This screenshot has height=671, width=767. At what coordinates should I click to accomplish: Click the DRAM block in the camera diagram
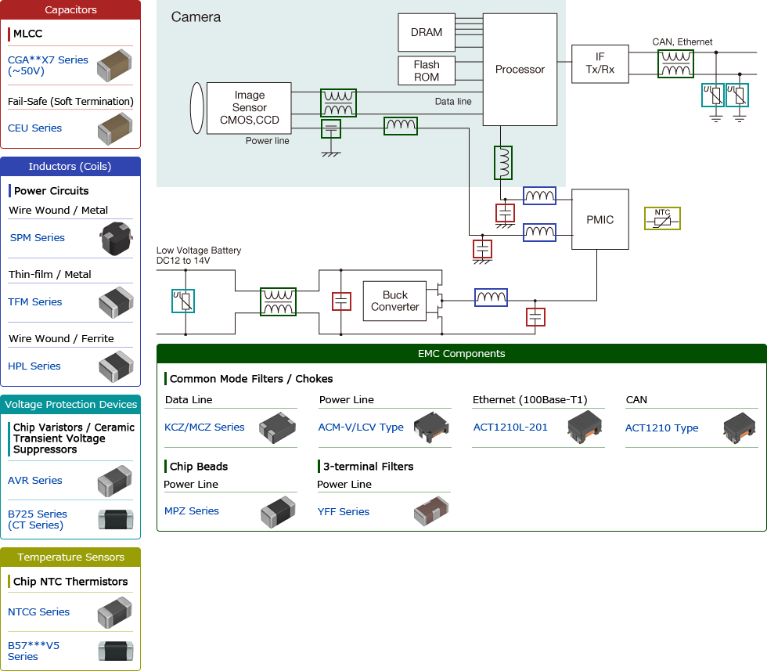[x=426, y=32]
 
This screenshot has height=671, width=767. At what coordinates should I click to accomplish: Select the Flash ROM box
[x=426, y=70]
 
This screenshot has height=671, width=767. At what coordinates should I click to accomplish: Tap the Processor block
[x=520, y=69]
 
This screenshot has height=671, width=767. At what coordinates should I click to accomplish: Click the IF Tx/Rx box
[x=600, y=63]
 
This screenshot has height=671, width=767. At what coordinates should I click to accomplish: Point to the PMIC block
[x=600, y=219]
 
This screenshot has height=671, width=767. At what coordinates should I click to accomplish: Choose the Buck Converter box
[x=394, y=301]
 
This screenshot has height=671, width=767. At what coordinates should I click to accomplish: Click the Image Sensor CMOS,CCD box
[x=249, y=108]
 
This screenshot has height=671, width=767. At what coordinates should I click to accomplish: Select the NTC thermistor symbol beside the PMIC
[x=662, y=218]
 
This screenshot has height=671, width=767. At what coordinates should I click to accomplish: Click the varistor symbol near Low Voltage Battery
[x=182, y=301]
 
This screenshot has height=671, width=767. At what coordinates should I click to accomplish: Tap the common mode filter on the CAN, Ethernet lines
[x=675, y=63]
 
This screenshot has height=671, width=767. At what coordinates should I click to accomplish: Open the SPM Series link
[x=37, y=237]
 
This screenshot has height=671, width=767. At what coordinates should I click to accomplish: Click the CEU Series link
[x=34, y=128]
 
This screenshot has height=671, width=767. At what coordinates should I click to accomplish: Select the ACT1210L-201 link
[x=510, y=427]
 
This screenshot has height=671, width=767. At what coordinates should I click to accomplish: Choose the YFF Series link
[x=343, y=511]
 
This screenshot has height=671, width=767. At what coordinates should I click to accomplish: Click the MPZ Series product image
[x=277, y=511]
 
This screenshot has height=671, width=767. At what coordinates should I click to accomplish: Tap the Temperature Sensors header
[x=70, y=557]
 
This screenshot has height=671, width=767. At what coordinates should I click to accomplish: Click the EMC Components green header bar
[x=461, y=354]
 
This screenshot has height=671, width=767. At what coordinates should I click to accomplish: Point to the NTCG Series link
[x=38, y=611]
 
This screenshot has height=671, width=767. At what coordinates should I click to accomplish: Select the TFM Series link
[x=34, y=301]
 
